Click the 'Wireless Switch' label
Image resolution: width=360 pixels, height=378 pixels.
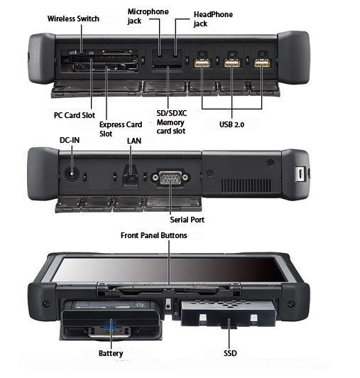click(x=73, y=18)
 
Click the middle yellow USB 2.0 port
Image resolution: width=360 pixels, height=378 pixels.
click(x=231, y=63)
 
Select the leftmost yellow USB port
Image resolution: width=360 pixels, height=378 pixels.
click(x=202, y=63)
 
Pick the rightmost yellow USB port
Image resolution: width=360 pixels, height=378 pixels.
click(x=262, y=63)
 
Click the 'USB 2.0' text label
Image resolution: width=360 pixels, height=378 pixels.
click(x=231, y=124)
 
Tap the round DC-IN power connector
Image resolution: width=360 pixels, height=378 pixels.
click(x=72, y=174)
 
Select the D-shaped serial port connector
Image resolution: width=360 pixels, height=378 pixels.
click(x=170, y=178)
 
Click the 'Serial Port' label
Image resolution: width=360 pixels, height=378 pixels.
click(x=187, y=220)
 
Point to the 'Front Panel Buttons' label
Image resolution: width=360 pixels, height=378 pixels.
click(x=154, y=235)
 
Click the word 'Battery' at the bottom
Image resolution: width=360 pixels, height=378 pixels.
click(x=111, y=353)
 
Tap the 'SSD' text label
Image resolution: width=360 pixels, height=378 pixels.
click(x=230, y=353)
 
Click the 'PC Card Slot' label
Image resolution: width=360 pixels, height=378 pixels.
click(x=75, y=115)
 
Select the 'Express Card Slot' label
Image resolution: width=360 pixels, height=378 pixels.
click(x=121, y=129)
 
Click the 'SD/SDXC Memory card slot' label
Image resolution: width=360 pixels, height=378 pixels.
click(x=171, y=122)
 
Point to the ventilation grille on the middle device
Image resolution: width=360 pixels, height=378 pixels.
click(x=246, y=185)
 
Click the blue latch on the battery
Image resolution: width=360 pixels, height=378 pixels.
click(x=109, y=326)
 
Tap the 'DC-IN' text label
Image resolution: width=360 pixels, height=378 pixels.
click(x=70, y=140)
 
